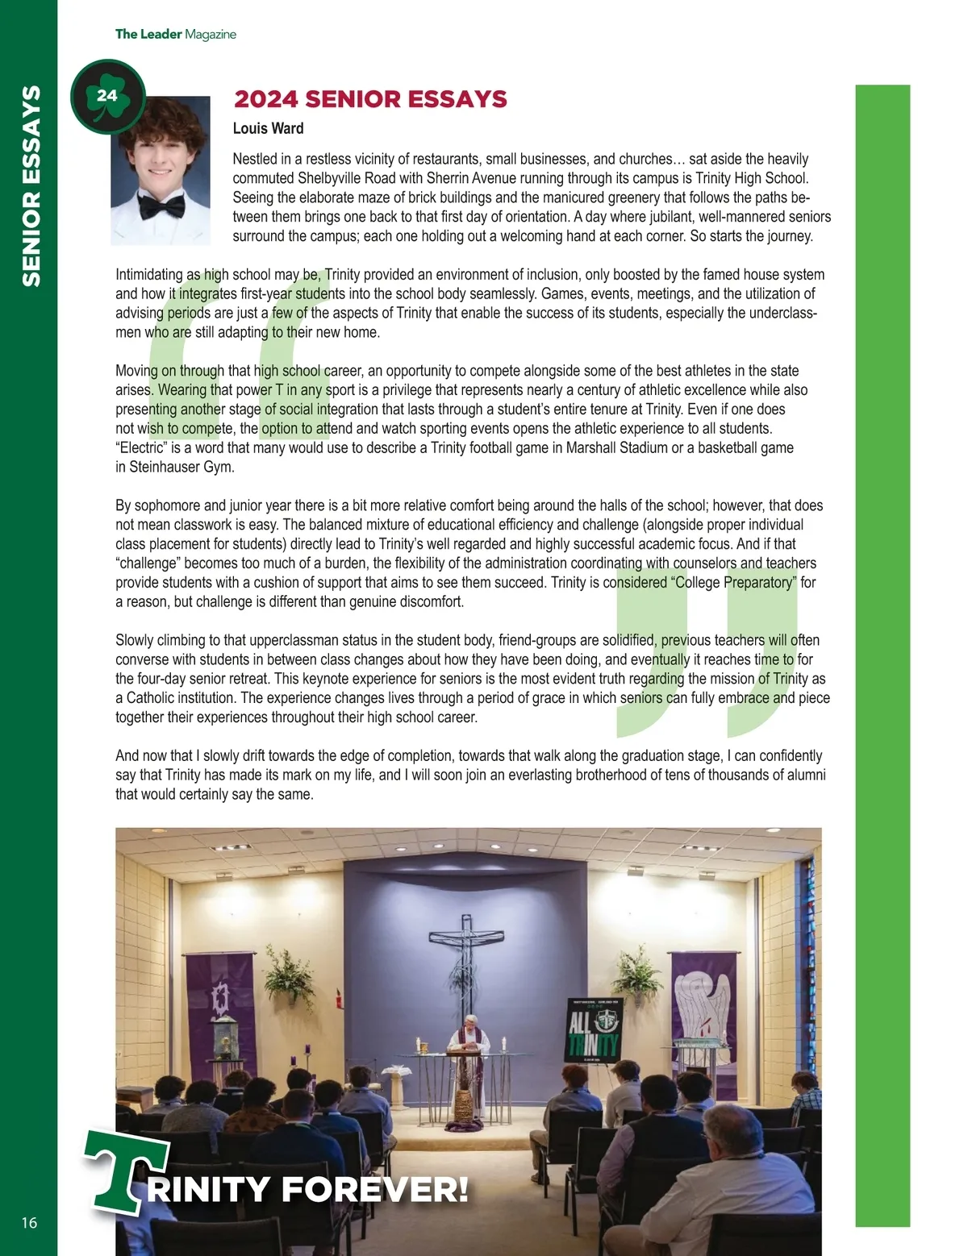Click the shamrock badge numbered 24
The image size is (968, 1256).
tap(107, 97)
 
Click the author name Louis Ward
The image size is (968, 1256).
tap(268, 128)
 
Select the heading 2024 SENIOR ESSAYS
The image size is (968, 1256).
tap(370, 99)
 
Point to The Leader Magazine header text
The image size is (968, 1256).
tap(175, 34)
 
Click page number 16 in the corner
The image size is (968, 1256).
tap(29, 1223)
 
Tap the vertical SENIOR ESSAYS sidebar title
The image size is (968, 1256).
tap(31, 185)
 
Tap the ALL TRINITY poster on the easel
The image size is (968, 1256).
tap(594, 1029)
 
